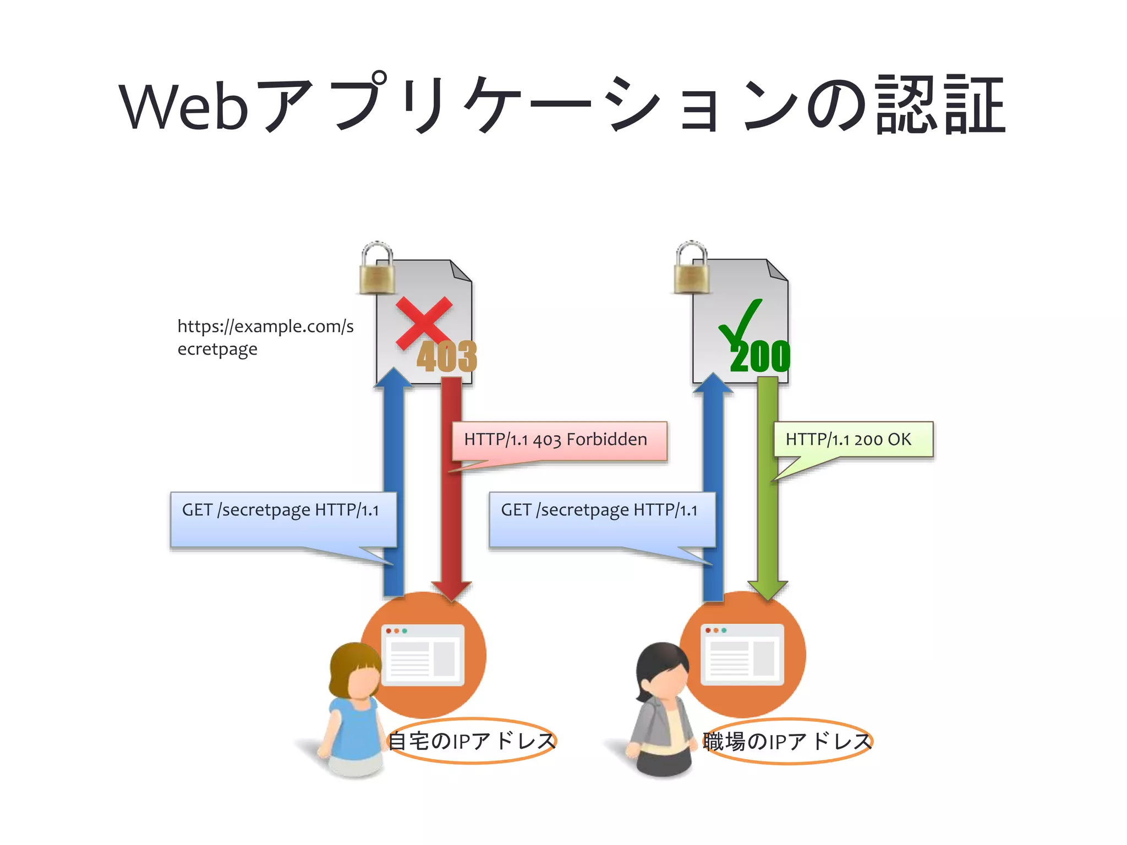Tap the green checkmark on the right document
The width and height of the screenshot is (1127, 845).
click(741, 325)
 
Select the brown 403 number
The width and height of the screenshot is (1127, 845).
click(446, 356)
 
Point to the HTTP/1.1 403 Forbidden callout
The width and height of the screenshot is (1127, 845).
click(559, 440)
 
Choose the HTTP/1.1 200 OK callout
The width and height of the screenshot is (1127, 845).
click(853, 439)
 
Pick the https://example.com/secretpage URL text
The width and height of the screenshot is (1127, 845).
click(265, 337)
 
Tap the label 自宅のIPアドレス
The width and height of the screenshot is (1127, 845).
click(472, 741)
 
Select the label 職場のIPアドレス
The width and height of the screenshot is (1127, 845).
click(787, 741)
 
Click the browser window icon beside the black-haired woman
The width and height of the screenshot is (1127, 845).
click(742, 655)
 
